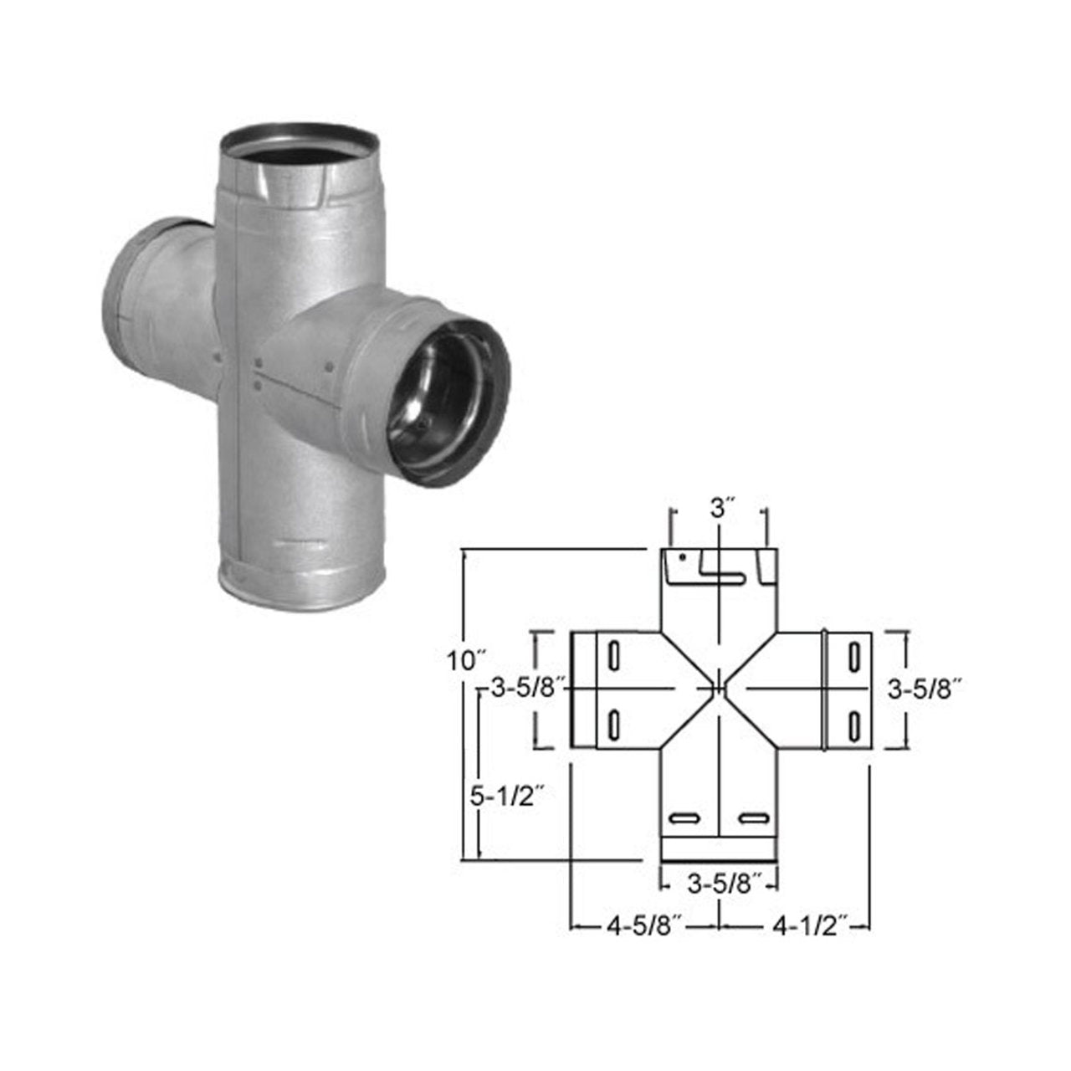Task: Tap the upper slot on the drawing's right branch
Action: (x=854, y=655)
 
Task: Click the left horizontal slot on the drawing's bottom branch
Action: (x=685, y=817)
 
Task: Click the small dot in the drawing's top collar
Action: (x=684, y=556)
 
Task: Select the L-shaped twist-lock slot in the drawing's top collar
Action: (x=721, y=569)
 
